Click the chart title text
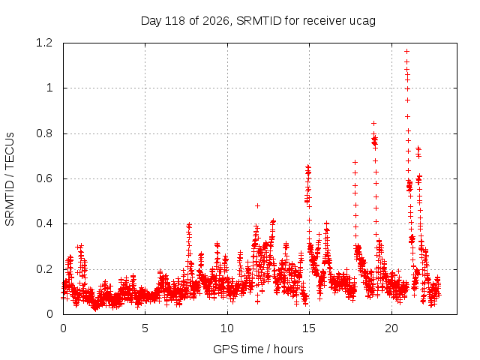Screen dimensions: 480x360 point(258,21)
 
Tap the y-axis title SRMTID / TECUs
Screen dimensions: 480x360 point(10,179)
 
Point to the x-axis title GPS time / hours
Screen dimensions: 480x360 point(258,349)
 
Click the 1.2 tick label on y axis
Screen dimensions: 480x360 point(44,43)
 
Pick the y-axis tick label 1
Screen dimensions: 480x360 point(49,88)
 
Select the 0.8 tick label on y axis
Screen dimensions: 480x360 point(44,133)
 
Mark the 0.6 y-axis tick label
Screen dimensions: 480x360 point(44,178)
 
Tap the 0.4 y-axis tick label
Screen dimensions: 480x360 point(44,223)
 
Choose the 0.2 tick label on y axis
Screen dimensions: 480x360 point(44,269)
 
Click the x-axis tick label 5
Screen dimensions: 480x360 point(145,328)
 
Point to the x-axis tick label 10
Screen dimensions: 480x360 point(227,328)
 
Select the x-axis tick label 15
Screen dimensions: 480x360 point(309,328)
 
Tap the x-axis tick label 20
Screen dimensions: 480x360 point(391,328)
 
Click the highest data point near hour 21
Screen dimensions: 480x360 point(406,52)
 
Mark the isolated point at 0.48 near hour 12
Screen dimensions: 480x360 point(257,206)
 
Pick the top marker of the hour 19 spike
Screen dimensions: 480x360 point(373,123)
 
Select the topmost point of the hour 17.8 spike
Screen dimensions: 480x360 point(355,162)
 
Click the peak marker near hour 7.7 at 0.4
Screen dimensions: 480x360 point(189,226)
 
